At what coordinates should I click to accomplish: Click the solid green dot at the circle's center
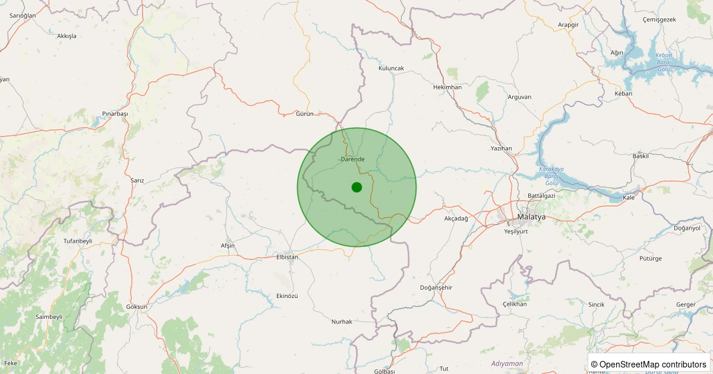tap(356, 187)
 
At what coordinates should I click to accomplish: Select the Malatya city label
tap(531, 217)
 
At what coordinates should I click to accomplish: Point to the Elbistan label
tap(287, 257)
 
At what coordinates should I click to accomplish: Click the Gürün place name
tap(304, 113)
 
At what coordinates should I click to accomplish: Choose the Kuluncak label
tap(391, 68)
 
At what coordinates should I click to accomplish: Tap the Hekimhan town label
tap(447, 87)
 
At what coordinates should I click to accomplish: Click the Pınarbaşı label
tap(115, 113)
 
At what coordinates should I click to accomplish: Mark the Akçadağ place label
tap(456, 219)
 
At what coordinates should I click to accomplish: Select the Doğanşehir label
tap(436, 288)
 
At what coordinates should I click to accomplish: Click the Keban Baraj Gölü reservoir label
tap(663, 62)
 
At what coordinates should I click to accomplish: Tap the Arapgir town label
tap(568, 24)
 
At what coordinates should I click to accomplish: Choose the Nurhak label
tap(342, 322)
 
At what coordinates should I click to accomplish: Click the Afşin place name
tap(228, 246)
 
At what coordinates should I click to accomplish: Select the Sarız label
tap(137, 180)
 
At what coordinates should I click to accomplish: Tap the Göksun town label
tap(137, 307)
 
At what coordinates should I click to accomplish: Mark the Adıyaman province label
tap(507, 363)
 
